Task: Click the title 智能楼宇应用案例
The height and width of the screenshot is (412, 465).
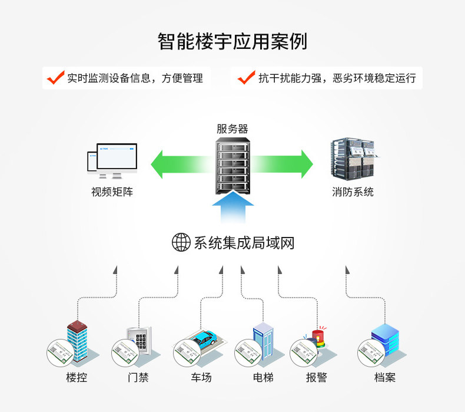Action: pyautogui.click(x=232, y=41)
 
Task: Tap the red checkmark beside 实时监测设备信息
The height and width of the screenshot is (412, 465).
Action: pyautogui.click(x=55, y=78)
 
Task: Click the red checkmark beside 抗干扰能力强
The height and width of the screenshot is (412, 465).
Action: pyautogui.click(x=247, y=78)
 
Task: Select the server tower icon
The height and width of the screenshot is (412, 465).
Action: pyautogui.click(x=233, y=166)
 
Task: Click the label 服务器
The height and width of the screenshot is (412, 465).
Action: pyautogui.click(x=232, y=129)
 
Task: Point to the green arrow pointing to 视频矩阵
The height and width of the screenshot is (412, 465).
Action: pyautogui.click(x=181, y=164)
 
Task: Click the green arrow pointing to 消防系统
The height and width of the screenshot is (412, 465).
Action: pyautogui.click(x=282, y=164)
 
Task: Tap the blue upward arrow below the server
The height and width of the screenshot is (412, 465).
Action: pyautogui.click(x=233, y=207)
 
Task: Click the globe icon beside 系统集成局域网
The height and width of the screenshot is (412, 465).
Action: pyautogui.click(x=181, y=242)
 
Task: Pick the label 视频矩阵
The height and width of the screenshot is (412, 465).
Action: pyautogui.click(x=112, y=192)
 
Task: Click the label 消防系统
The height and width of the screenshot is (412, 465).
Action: pyautogui.click(x=353, y=192)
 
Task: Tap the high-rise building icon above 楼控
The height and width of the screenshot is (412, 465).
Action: pyautogui.click(x=77, y=341)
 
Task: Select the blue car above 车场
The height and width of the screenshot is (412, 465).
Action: pyautogui.click(x=205, y=338)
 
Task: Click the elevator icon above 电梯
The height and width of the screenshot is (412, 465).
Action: pyautogui.click(x=263, y=341)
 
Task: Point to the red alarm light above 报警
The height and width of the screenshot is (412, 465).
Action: pyautogui.click(x=319, y=338)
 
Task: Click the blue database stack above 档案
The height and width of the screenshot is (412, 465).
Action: pyautogui.click(x=386, y=340)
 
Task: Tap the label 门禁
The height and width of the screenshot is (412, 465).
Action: pyautogui.click(x=138, y=378)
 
